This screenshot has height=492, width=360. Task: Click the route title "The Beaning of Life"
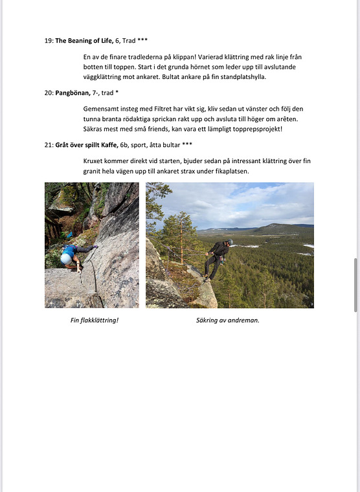(84, 40)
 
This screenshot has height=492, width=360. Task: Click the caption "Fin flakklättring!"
(94, 320)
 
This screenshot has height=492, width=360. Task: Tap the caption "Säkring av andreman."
(227, 320)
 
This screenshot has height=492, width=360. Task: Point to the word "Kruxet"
(95, 161)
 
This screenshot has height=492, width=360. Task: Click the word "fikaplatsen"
(231, 171)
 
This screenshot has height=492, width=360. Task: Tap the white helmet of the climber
(66, 258)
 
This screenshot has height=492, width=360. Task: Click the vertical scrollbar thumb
(355, 285)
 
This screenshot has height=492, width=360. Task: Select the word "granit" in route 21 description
(94, 171)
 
